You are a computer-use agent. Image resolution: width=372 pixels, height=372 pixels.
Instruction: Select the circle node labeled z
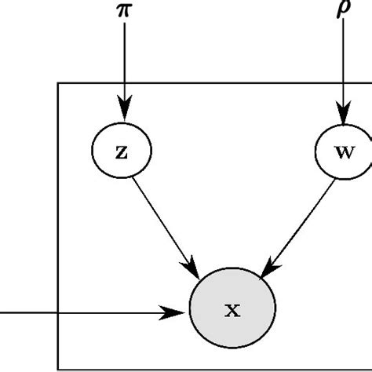122,151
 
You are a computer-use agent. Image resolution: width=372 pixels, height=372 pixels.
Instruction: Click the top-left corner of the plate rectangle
58,81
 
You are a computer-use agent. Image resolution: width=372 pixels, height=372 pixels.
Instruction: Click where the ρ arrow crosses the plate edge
343,81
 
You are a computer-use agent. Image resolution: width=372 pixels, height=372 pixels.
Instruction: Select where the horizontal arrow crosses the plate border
58,313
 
